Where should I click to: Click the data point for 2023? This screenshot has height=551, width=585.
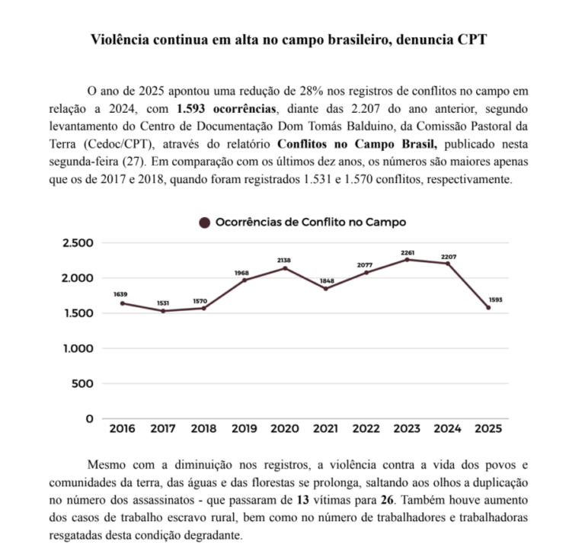(x=407, y=260)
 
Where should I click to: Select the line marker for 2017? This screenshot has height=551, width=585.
(x=162, y=311)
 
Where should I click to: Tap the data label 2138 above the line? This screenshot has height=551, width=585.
(x=284, y=261)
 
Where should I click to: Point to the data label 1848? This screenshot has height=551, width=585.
(x=325, y=280)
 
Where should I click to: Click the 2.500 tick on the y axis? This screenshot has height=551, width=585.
(x=77, y=243)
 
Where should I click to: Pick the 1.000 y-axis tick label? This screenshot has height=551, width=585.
(x=77, y=348)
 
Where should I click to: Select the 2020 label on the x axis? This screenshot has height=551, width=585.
(x=284, y=428)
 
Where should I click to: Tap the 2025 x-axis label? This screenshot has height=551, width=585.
(x=487, y=428)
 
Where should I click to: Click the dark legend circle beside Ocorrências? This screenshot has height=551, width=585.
(x=204, y=223)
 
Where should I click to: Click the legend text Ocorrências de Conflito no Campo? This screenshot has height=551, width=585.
(x=310, y=223)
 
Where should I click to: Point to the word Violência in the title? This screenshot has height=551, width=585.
(x=121, y=40)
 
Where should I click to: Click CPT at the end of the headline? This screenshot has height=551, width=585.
(x=472, y=40)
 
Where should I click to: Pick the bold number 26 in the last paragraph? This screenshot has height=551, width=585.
(x=387, y=500)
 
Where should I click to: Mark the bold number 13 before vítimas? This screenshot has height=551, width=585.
(x=301, y=500)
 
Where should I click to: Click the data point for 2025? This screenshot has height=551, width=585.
(x=488, y=307)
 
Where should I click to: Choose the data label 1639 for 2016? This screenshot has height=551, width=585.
(x=121, y=294)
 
